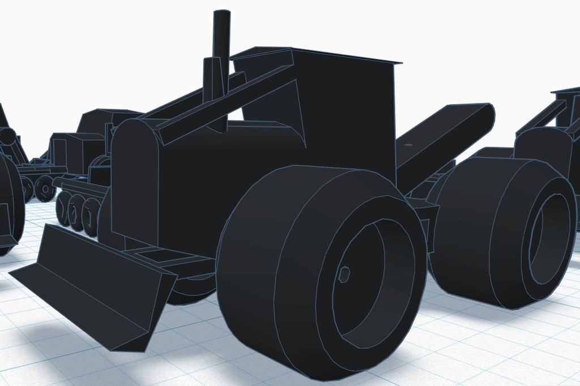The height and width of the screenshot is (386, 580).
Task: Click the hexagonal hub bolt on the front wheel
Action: pyautogui.click(x=344, y=275)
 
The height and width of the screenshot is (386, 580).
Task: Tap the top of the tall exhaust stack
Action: pyautogui.click(x=221, y=12)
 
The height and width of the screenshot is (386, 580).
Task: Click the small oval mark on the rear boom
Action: pyautogui.click(x=408, y=145)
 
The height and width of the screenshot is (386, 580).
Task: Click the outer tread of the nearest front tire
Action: pyautogui.click(x=255, y=266)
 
